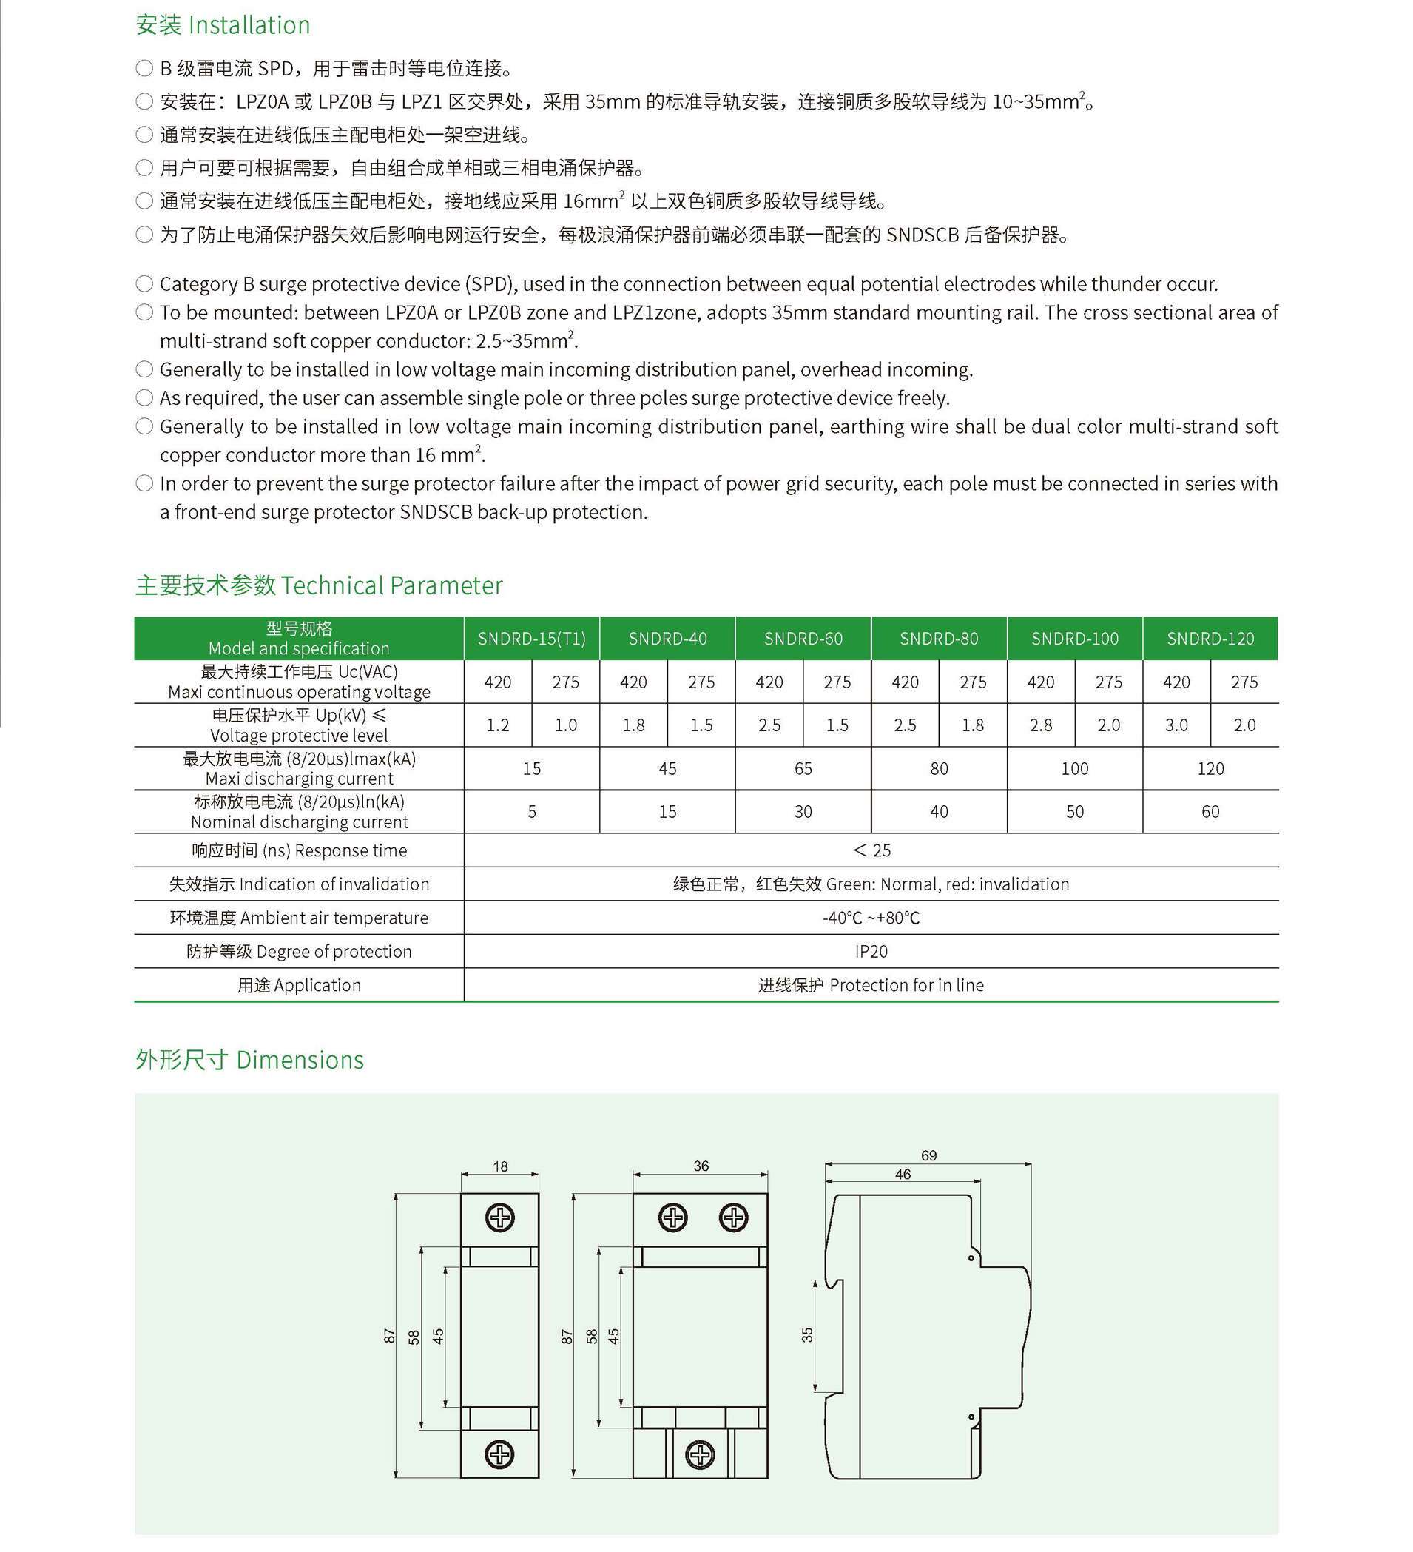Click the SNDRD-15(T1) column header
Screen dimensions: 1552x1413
click(x=532, y=638)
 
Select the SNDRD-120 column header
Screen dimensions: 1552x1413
click(x=1210, y=638)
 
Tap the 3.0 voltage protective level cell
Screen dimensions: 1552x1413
click(x=1176, y=725)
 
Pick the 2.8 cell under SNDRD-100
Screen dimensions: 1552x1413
click(x=1040, y=725)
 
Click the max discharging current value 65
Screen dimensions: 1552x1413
click(x=803, y=768)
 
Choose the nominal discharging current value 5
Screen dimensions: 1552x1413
click(x=532, y=811)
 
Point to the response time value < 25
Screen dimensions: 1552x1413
click(x=871, y=850)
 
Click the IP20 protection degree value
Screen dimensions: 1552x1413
click(x=871, y=952)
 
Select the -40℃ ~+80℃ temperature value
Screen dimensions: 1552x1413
click(x=871, y=918)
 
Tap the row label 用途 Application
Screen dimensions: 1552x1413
click(x=299, y=985)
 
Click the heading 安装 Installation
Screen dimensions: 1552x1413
click(x=223, y=25)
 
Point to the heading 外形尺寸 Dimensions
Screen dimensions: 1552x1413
click(x=249, y=1060)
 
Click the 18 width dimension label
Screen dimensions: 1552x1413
click(x=500, y=1166)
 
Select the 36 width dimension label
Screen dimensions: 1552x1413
click(x=701, y=1166)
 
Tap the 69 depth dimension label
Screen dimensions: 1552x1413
click(x=929, y=1155)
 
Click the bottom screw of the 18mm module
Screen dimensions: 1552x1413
click(x=499, y=1454)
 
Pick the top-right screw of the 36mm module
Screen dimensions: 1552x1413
click(x=732, y=1218)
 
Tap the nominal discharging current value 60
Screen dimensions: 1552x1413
click(x=1210, y=811)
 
